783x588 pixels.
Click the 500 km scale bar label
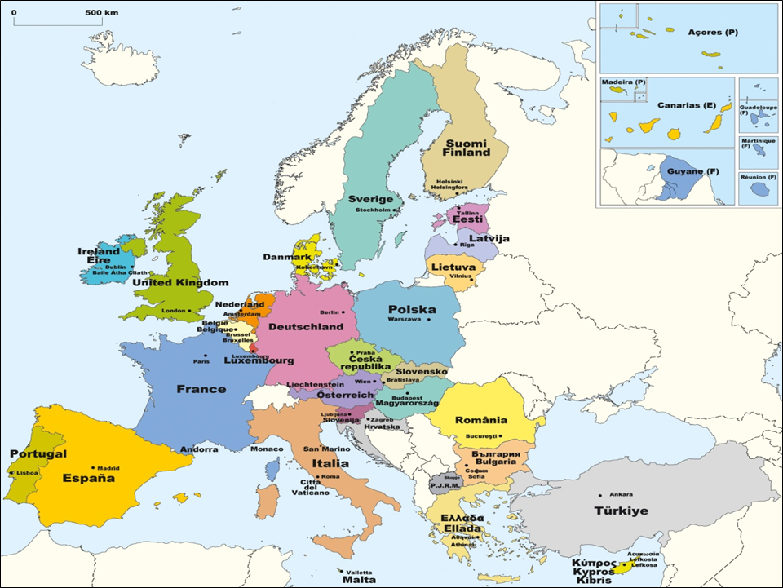pos(101,14)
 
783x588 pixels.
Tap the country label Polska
pos(412,309)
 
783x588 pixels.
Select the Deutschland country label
pos(306,326)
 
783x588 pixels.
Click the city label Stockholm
pos(374,210)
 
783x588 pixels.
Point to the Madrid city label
pos(108,468)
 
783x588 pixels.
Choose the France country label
pos(201,389)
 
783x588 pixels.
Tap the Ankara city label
pos(622,494)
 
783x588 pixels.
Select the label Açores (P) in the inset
pos(701,32)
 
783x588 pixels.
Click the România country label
pos(481,421)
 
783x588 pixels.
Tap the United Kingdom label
pos(181,282)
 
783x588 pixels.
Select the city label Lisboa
pos(27,472)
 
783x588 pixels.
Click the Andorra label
pos(199,449)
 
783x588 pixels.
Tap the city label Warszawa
pos(404,319)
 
